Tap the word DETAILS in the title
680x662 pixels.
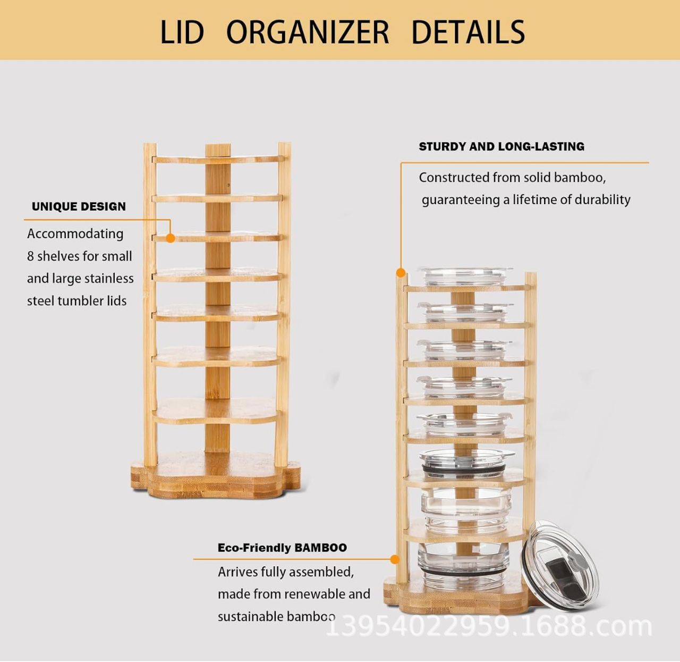click(468, 32)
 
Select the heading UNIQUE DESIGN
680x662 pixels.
click(79, 206)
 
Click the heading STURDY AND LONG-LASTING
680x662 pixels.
click(501, 147)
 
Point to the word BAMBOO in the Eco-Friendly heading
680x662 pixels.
click(321, 547)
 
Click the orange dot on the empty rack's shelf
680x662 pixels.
click(170, 238)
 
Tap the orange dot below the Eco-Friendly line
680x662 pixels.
click(395, 559)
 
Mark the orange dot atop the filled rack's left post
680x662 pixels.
click(401, 273)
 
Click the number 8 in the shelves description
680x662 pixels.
click(30, 256)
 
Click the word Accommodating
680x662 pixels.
click(75, 234)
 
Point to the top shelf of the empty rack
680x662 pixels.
click(218, 160)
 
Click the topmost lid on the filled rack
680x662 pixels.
click(466, 275)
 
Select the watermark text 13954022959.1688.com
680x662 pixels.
click(489, 626)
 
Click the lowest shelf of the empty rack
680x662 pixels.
click(216, 411)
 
